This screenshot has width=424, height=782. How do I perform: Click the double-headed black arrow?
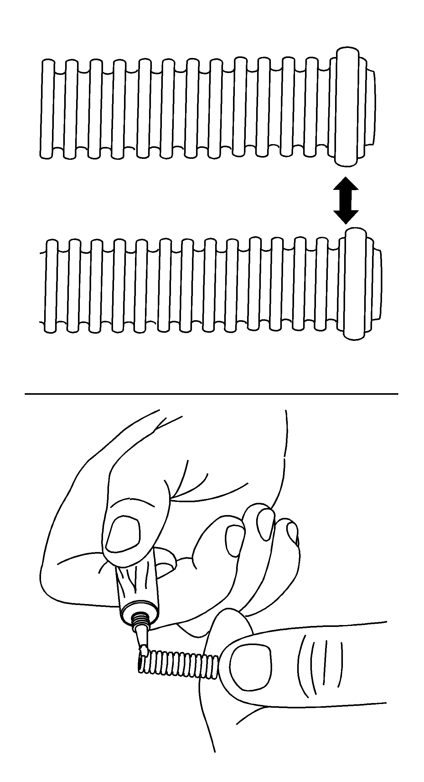pos(345,201)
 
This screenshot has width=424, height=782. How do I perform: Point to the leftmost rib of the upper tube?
pos(47,109)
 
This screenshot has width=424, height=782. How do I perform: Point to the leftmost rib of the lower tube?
pos(51,286)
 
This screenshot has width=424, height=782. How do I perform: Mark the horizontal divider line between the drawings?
pos(211,394)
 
